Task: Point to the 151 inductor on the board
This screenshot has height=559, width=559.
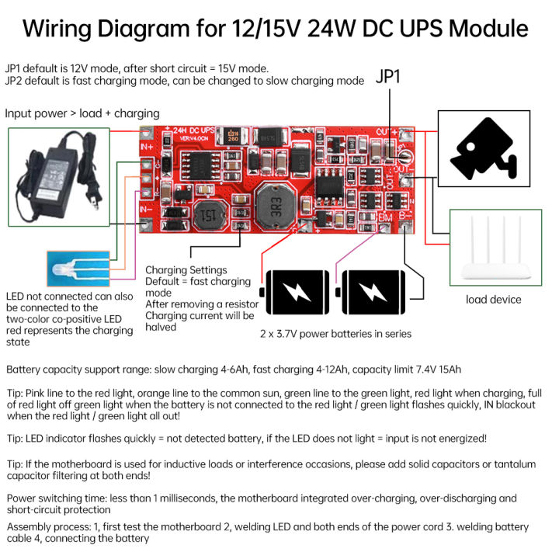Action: click(x=207, y=216)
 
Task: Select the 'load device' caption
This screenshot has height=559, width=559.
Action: click(x=494, y=300)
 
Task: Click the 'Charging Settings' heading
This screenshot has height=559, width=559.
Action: click(x=186, y=270)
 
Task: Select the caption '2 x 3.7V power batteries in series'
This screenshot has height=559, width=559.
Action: click(x=335, y=334)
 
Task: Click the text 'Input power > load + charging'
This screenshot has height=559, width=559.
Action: click(x=82, y=113)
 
